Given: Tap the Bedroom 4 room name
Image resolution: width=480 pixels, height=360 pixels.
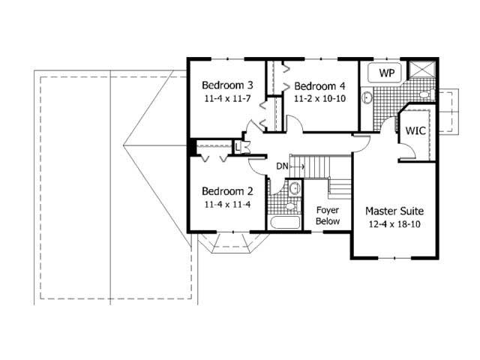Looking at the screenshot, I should tap(319, 84).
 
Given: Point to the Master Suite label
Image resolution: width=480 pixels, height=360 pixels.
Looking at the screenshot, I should tap(394, 211).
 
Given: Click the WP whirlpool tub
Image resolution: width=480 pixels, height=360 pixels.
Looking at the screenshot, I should tap(387, 73).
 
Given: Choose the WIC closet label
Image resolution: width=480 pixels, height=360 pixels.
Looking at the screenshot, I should tap(416, 130).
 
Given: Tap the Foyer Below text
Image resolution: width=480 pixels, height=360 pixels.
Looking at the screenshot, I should tap(328, 215).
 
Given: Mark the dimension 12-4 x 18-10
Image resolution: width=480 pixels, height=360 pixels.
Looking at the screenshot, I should tap(394, 224).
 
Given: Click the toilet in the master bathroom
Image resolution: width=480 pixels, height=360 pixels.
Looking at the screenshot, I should tap(424, 94).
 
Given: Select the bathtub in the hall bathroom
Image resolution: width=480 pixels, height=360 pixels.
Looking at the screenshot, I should tap(284, 223).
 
